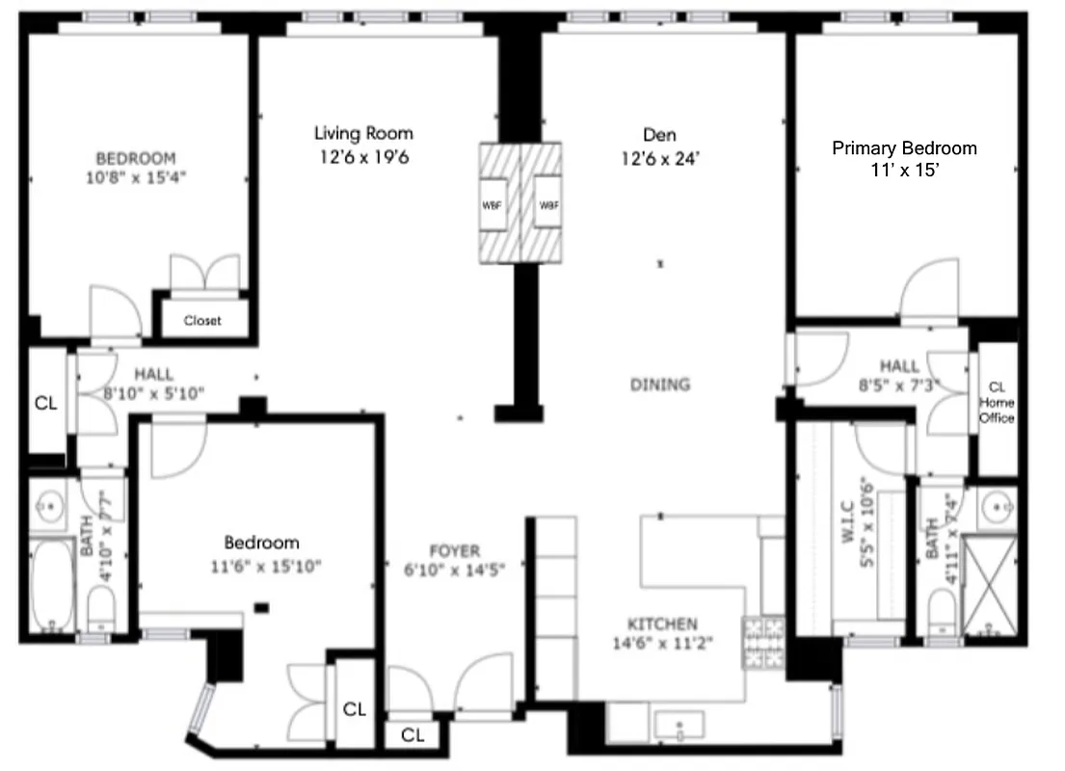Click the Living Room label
[363, 134]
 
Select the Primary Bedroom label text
[904, 148]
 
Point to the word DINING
[660, 385]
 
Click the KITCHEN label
[662, 624]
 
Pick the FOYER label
[454, 551]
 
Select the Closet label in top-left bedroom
[202, 320]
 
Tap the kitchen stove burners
[763, 644]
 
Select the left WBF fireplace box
[493, 203]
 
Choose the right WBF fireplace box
[547, 203]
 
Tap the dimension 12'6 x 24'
[660, 157]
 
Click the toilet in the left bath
[101, 608]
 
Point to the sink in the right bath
[997, 503]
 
